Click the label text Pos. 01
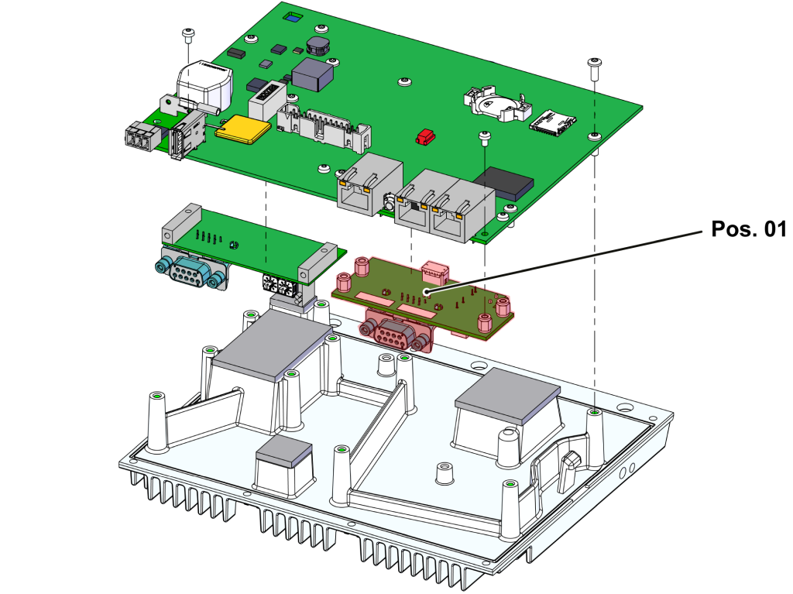coord(747,229)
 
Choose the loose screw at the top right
coord(594,66)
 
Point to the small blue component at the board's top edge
coord(292,16)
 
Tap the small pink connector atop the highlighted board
coord(435,272)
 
